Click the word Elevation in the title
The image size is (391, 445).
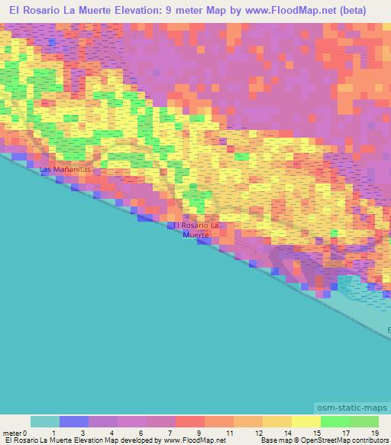[150, 11]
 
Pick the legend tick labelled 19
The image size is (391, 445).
[374, 433]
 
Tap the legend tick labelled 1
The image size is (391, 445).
[53, 433]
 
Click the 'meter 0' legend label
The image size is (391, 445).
[15, 433]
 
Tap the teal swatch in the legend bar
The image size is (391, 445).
[45, 421]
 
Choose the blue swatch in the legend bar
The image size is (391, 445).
[74, 421]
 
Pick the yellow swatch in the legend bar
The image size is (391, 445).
[306, 421]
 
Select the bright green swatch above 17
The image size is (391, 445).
[335, 421]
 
